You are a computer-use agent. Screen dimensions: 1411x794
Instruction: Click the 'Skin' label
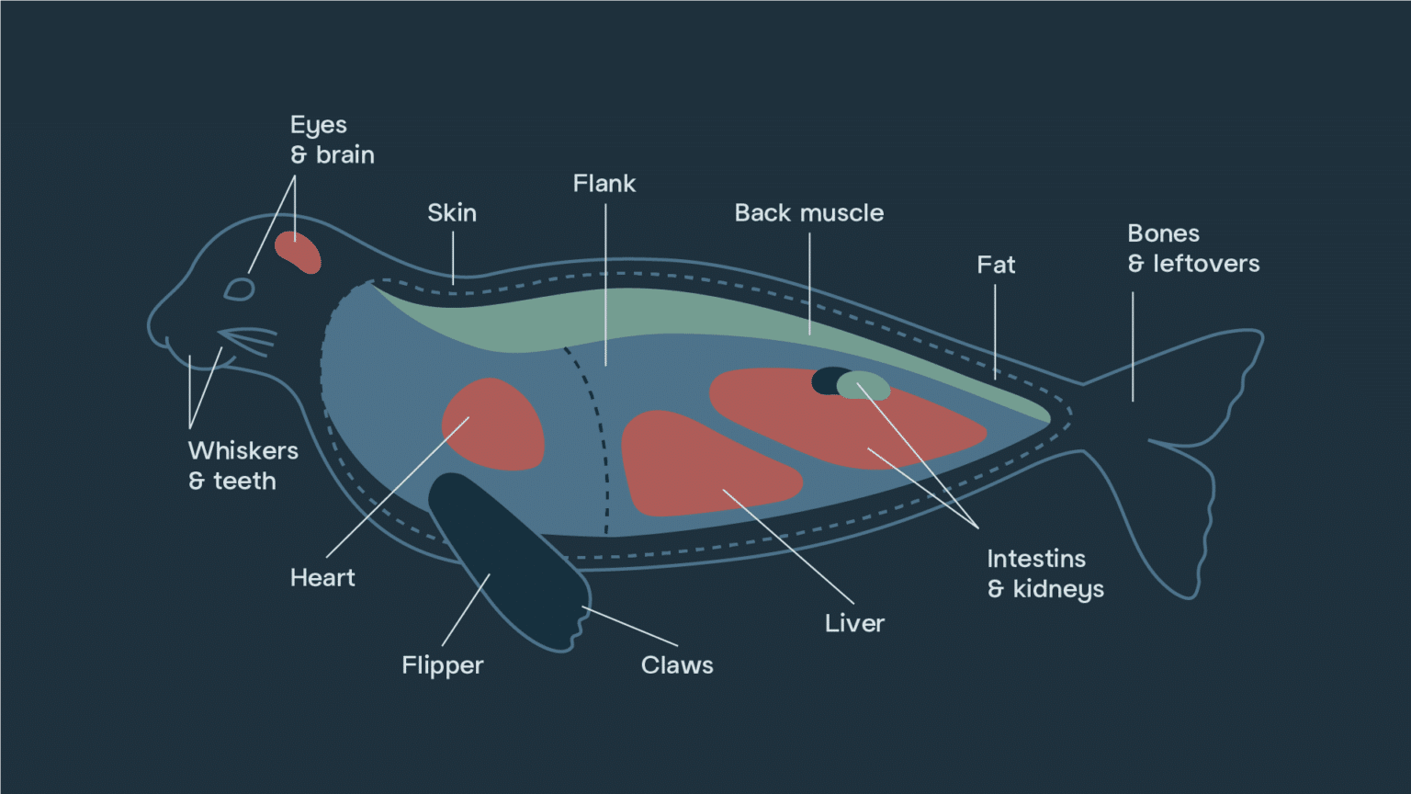452,213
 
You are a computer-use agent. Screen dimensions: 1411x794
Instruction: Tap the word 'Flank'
604,184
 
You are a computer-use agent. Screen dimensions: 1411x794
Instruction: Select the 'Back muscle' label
808,213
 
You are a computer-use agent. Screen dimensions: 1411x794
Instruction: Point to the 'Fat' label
996,265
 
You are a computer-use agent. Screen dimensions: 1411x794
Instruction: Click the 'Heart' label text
322,578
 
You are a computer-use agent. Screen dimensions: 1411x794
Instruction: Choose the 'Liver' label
855,623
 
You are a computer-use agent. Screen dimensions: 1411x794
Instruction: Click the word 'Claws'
677,665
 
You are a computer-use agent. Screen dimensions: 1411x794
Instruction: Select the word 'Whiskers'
243,450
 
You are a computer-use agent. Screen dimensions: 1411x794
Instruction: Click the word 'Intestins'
1036,559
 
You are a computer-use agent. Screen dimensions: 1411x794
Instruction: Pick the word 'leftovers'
1206,264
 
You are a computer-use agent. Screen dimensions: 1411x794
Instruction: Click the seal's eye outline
240,289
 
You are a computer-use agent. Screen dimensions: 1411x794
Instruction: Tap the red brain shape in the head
298,252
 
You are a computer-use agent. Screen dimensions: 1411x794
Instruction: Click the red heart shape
493,425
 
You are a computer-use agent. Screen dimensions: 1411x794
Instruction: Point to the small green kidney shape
864,385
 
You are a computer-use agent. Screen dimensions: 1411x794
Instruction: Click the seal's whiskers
249,340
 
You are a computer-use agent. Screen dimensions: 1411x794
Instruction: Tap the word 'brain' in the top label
345,155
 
